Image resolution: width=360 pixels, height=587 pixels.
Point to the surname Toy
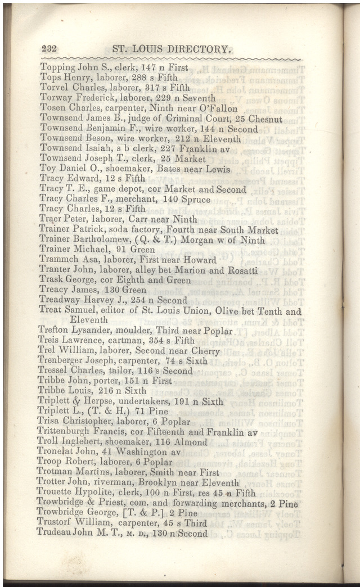tap(48, 169)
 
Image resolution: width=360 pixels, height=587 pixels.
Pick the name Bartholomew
tap(109, 240)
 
